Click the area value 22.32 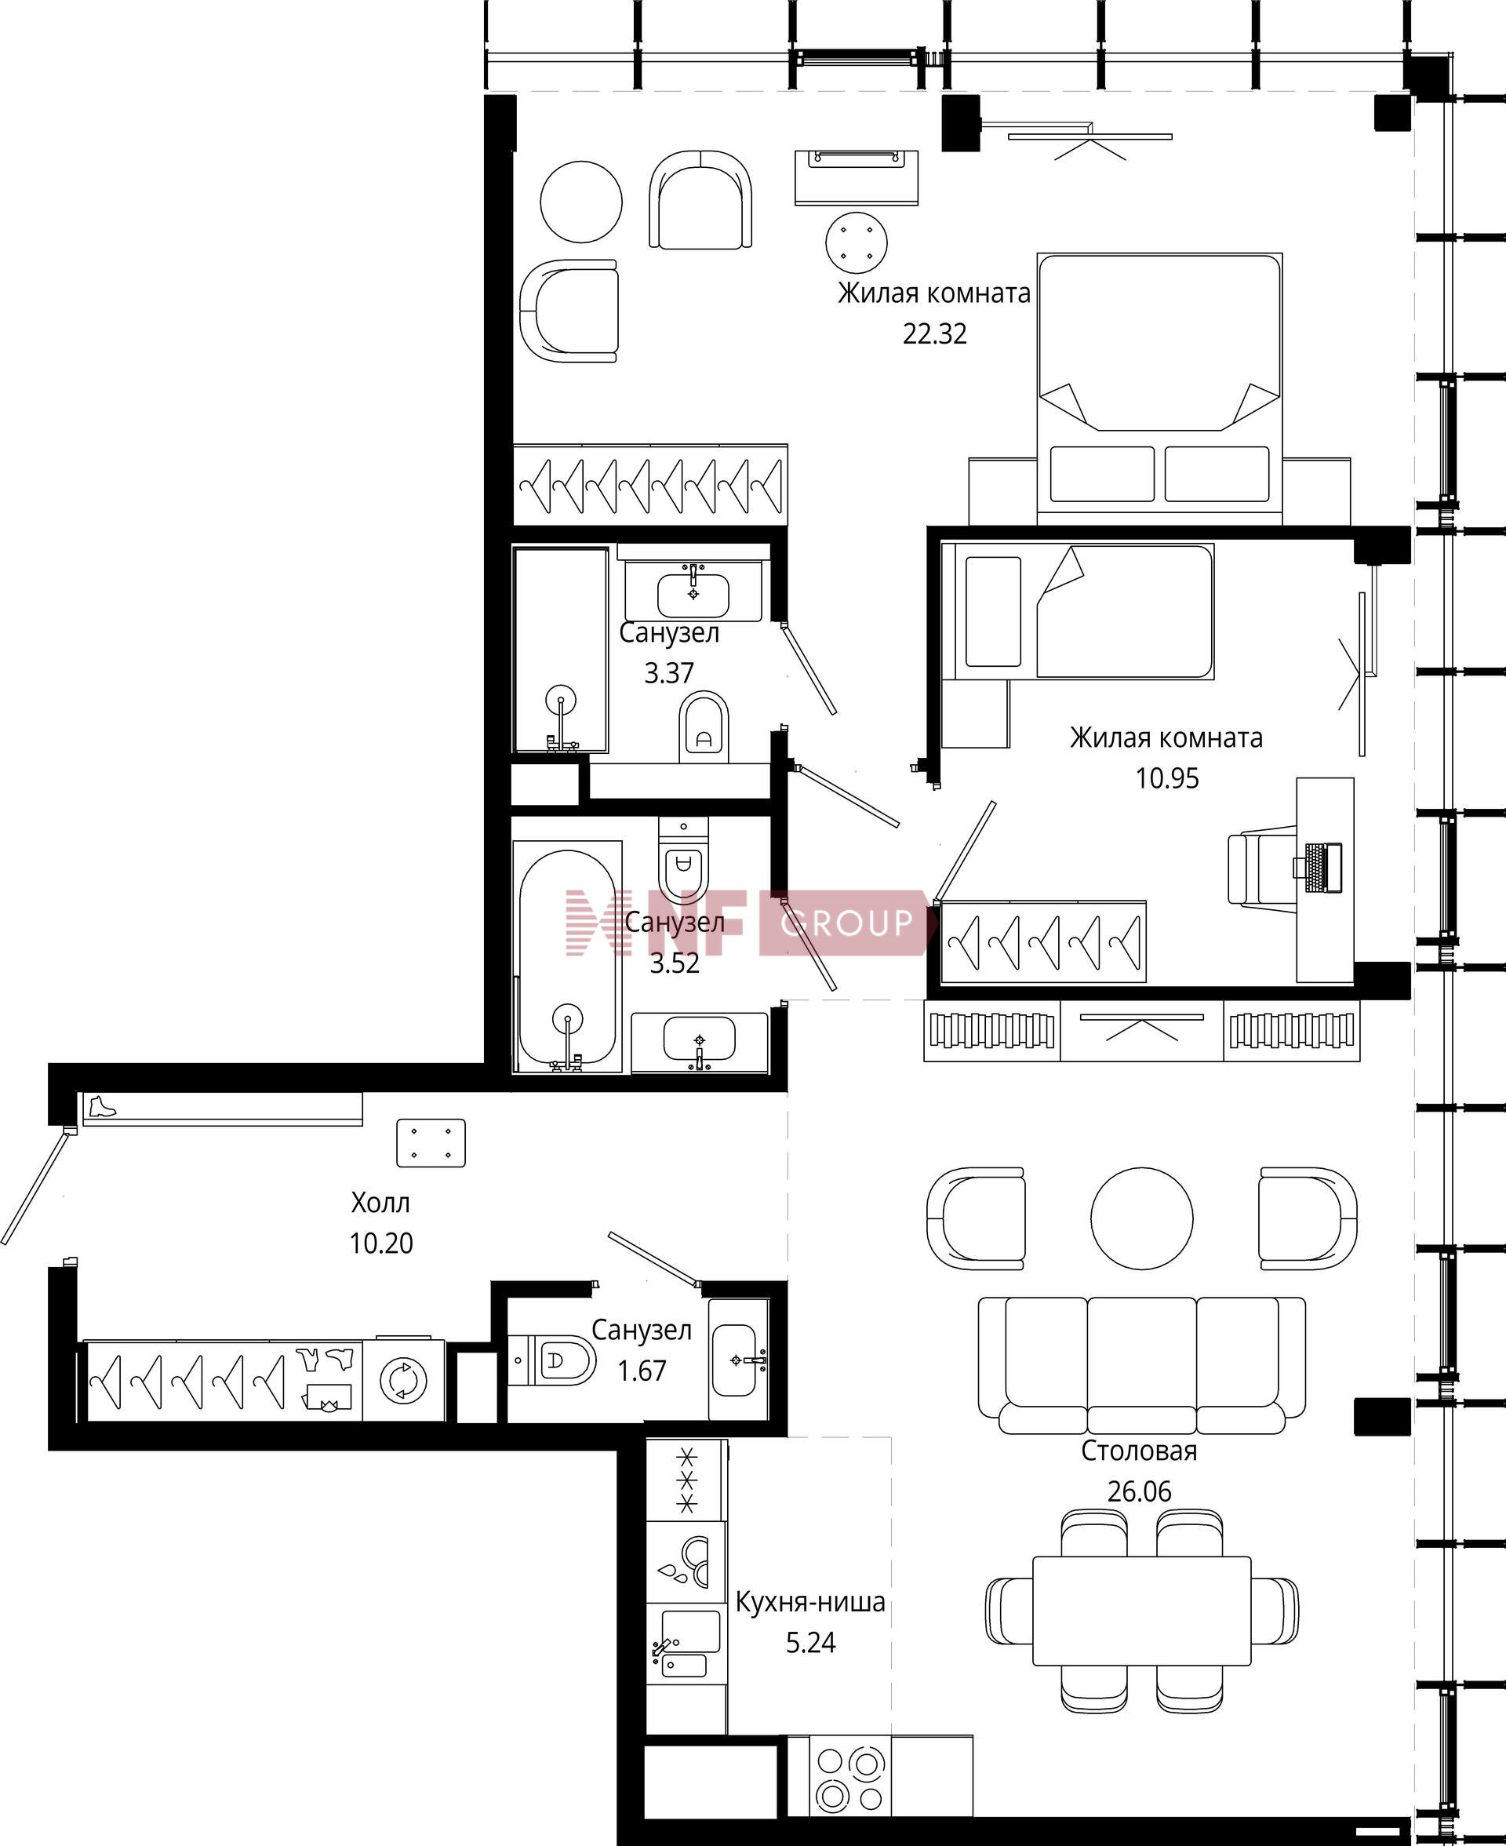[x=934, y=334]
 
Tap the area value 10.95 [x=1167, y=778]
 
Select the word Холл [x=380, y=1203]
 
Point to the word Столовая [x=1138, y=1451]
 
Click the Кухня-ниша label [x=810, y=1601]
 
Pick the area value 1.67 [x=641, y=1371]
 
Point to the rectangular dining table [x=1141, y=1611]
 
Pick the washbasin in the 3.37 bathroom [x=693, y=594]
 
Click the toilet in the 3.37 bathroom [x=704, y=727]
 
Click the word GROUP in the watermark [x=846, y=922]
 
